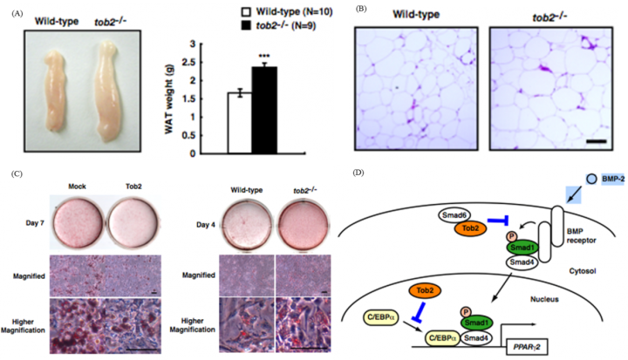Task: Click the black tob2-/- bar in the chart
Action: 264,110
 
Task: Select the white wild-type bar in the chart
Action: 240,123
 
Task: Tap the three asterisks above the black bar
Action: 264,56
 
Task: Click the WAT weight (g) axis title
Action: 168,98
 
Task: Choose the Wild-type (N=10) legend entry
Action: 287,11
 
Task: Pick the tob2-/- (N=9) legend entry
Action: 279,26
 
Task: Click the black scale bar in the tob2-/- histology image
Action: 597,141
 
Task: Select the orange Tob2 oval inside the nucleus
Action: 425,291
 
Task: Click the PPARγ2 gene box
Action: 527,347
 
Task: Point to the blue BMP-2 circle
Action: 591,179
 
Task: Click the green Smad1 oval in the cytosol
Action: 522,248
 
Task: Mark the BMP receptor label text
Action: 581,236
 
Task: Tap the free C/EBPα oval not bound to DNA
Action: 380,318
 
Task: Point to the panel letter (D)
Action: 358,173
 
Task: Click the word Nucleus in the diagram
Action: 544,299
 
